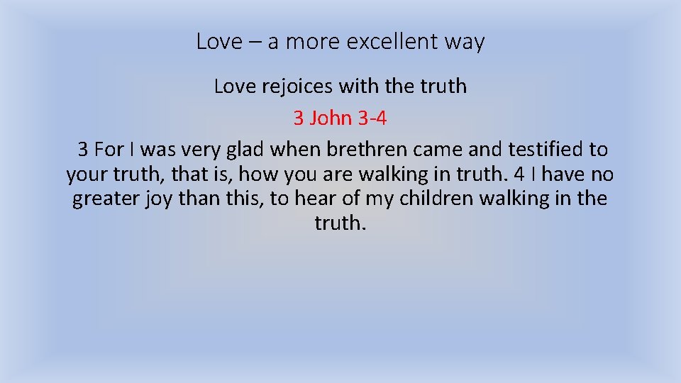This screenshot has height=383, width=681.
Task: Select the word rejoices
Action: (x=291, y=87)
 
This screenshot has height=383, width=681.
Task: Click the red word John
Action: (x=331, y=118)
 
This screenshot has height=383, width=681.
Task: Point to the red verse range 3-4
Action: (x=372, y=118)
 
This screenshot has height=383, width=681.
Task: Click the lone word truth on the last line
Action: (x=340, y=223)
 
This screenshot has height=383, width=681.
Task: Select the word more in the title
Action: (x=314, y=42)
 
